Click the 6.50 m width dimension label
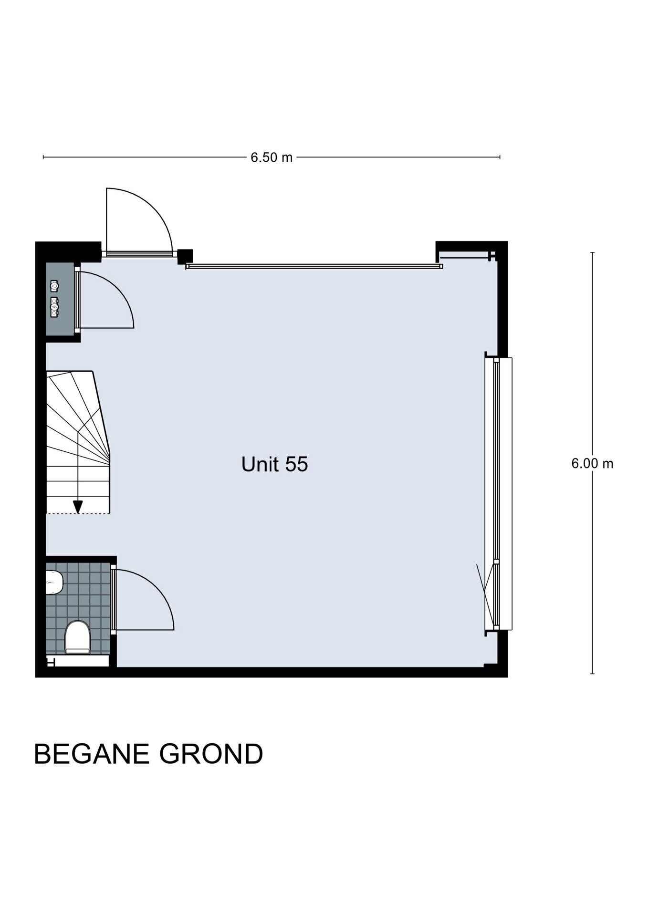point(272,157)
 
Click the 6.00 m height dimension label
point(592,463)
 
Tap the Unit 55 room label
point(274,464)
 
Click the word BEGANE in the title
point(92,754)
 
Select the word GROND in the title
point(211,754)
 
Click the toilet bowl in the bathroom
point(77,637)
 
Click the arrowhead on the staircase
point(78,507)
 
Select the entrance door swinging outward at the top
point(138,221)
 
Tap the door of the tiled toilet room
point(143,599)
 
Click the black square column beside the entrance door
point(185,257)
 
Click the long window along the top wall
point(314,266)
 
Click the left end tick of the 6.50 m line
point(43,157)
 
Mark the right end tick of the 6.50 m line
point(500,157)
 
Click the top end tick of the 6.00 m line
point(592,252)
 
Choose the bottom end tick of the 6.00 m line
point(592,674)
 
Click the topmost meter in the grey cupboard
point(54,286)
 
